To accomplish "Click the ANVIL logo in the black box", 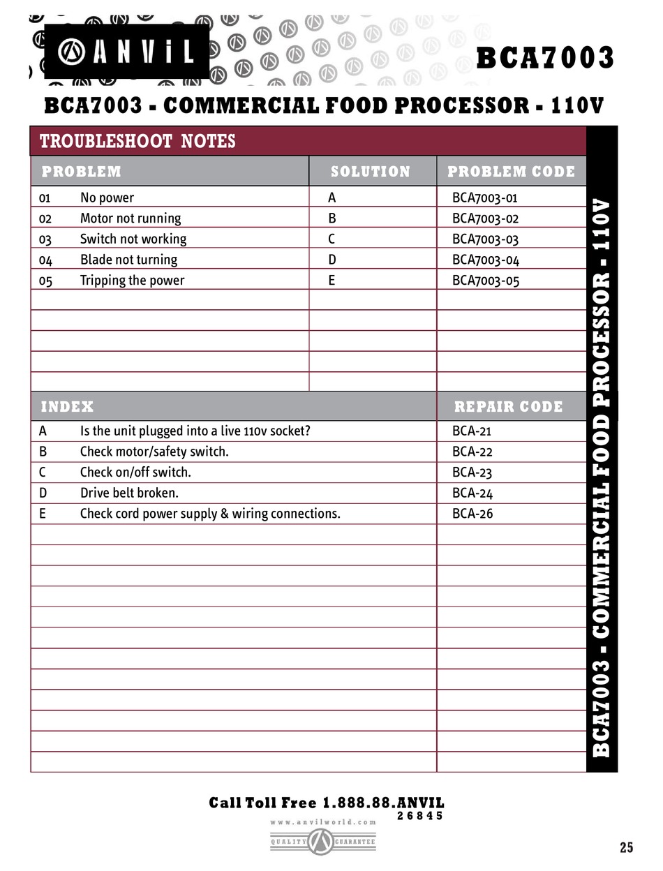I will [x=126, y=52].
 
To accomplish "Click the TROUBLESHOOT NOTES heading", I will [x=137, y=142].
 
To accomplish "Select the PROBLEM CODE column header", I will [x=511, y=172].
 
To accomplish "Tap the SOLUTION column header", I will [x=370, y=172].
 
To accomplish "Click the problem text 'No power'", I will [x=107, y=198].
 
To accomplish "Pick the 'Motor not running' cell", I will [x=130, y=218].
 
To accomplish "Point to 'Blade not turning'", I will [x=128, y=260].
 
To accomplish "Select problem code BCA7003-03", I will [x=485, y=239].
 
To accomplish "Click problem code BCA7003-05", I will [x=485, y=281].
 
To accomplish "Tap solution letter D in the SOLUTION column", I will [x=332, y=260].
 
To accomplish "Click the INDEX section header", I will [x=67, y=406].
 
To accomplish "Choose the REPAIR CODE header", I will [x=508, y=406].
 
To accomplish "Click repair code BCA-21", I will [x=472, y=431].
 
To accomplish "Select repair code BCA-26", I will [x=472, y=514].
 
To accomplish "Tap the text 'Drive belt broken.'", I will [x=129, y=493].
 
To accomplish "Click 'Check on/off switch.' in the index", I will [x=135, y=472].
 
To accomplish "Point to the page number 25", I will [x=626, y=847].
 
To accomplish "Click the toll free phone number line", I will [x=326, y=803].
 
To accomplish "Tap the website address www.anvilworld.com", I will [x=323, y=822].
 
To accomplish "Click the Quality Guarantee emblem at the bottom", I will [x=322, y=842].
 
